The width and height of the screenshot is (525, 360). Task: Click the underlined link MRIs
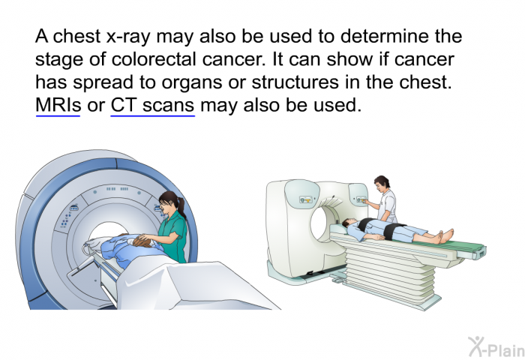[x=58, y=105]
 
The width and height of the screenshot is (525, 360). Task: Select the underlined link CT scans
[x=153, y=105]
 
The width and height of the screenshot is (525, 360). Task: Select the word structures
[x=295, y=82]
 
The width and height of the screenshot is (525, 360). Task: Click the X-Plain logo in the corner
[x=496, y=347]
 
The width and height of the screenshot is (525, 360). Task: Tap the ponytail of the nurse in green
[x=181, y=208]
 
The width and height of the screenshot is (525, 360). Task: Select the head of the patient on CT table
[x=348, y=223]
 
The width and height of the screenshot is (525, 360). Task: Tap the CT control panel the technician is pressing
[x=361, y=199]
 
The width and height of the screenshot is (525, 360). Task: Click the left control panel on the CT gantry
[x=305, y=200]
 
